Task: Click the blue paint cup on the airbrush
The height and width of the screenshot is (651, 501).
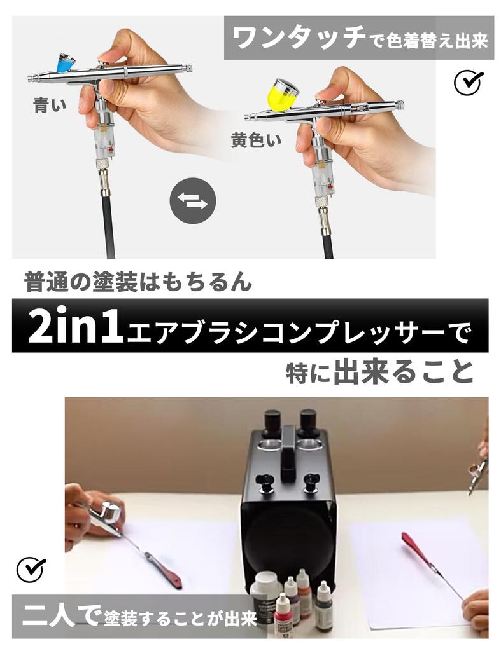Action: tap(64, 62)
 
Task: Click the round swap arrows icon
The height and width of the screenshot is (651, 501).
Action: tap(192, 201)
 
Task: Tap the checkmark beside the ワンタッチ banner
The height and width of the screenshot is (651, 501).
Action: tap(469, 82)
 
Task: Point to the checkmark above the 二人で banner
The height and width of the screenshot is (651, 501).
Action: tap(31, 569)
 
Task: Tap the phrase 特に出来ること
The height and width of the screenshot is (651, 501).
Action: tap(380, 373)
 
